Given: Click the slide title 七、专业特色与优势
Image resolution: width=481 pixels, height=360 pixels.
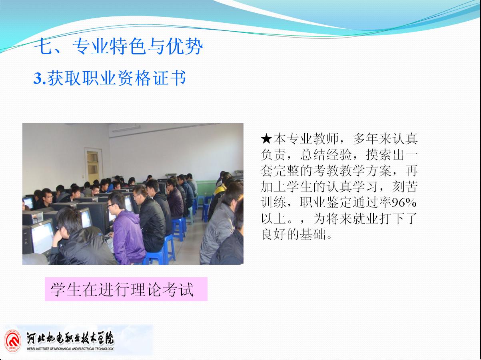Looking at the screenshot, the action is point(119,46).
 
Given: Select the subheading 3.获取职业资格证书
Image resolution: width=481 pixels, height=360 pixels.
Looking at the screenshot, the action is point(110,78).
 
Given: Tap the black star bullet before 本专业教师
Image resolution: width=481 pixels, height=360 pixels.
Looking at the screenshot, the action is point(266,139).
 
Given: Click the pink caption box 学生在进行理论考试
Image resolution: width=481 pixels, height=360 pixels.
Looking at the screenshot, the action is point(126,289).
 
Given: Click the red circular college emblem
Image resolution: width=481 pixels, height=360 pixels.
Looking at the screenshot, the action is point(13,341).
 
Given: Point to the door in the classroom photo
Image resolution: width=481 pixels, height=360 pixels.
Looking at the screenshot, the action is point(94,166).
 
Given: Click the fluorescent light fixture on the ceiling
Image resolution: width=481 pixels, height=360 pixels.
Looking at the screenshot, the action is point(126,129).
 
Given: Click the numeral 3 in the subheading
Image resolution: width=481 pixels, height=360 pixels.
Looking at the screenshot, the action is point(38,79).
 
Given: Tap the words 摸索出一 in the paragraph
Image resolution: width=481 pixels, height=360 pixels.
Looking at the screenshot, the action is point(392,155).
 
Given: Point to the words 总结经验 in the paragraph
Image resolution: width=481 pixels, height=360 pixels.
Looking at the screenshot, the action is point(326,155).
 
